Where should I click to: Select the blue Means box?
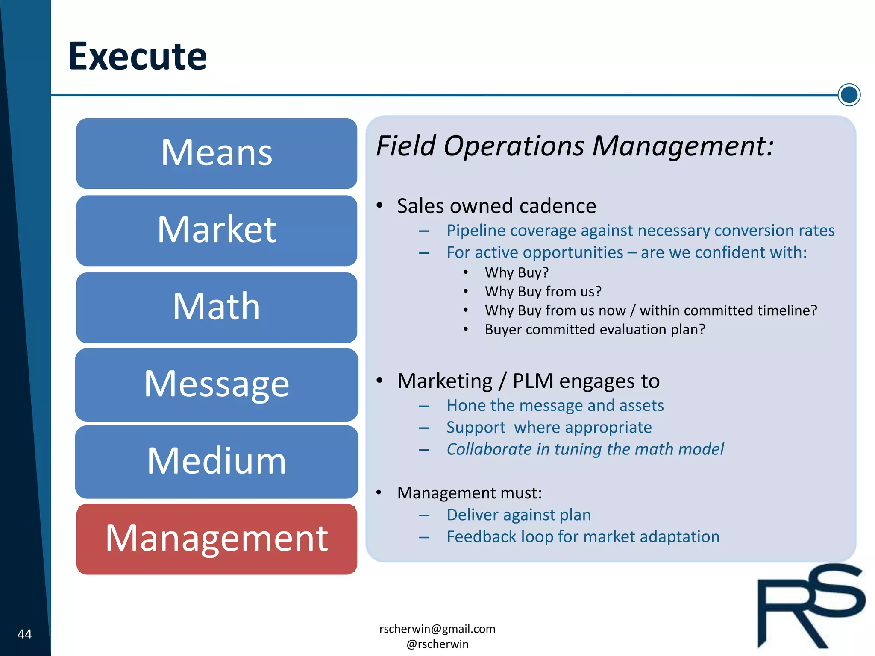(x=217, y=153)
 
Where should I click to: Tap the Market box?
(x=217, y=230)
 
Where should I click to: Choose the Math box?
(x=217, y=307)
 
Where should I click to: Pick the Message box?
(x=217, y=384)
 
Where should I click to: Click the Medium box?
(x=217, y=461)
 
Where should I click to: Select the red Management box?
(x=217, y=539)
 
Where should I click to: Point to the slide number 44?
(x=24, y=634)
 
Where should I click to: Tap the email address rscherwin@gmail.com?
(x=437, y=629)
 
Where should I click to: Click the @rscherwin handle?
(x=437, y=644)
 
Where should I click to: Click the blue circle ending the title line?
(x=849, y=95)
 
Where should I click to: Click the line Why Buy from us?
(x=543, y=292)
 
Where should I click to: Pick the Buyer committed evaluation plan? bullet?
(x=594, y=330)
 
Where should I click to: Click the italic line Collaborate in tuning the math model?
(x=585, y=449)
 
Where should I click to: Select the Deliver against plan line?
(x=518, y=515)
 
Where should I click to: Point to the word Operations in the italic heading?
(x=514, y=146)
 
